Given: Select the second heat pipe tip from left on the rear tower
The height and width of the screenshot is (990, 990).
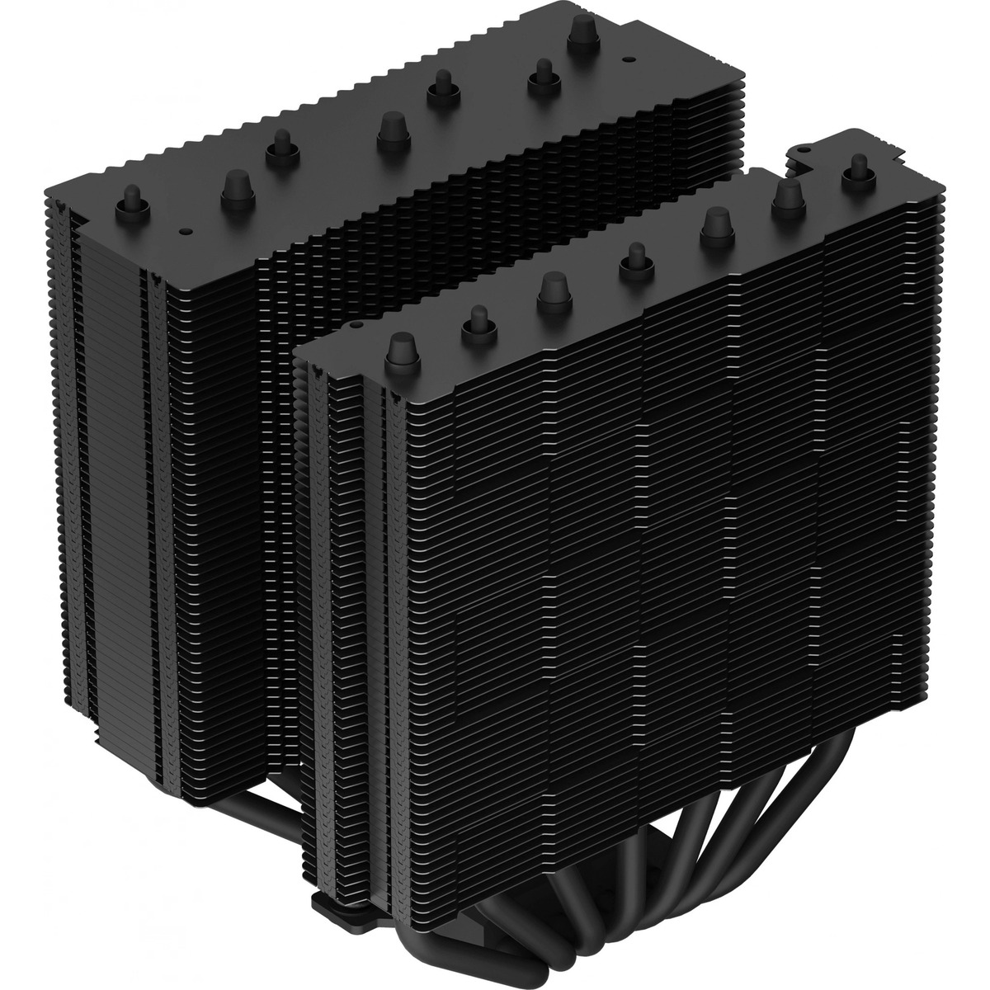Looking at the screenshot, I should pyautogui.click(x=235, y=186).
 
